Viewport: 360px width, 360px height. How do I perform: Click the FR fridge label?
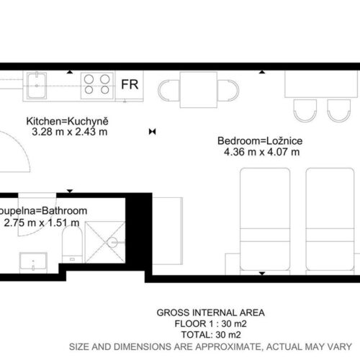click(130, 84)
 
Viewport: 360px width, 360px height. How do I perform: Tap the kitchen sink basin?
click(37, 86)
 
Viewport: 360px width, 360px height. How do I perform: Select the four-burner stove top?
click(97, 86)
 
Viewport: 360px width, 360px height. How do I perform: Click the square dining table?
click(199, 90)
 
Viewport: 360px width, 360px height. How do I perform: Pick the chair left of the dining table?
click(168, 91)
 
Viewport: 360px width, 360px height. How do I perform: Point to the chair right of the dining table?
click(228, 91)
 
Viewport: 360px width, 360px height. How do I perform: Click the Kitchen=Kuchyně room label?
click(67, 122)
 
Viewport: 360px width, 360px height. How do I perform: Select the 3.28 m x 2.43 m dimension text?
click(70, 132)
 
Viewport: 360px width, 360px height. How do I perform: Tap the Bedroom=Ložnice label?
click(260, 141)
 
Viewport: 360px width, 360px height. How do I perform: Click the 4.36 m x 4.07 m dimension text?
click(262, 152)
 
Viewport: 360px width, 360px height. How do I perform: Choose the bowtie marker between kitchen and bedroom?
click(153, 132)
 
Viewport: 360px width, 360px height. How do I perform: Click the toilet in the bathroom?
click(72, 244)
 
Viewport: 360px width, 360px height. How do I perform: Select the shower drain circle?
click(112, 243)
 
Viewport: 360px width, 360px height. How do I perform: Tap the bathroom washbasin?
click(33, 263)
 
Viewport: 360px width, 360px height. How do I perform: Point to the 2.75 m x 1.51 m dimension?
click(42, 223)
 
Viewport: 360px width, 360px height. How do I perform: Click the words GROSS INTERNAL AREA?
click(211, 312)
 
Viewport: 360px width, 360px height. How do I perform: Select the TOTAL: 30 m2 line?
click(211, 335)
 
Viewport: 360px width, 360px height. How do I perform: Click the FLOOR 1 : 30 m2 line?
click(210, 324)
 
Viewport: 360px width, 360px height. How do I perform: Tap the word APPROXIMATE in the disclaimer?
click(228, 347)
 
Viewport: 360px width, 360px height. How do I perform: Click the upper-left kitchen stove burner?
click(89, 78)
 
